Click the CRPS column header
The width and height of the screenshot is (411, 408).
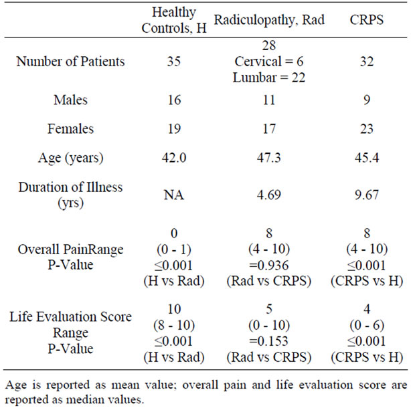[x=366, y=20]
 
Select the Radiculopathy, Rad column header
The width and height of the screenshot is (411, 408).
[x=269, y=20]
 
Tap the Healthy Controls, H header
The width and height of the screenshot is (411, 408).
[x=174, y=20]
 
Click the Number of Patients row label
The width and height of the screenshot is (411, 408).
[x=70, y=62]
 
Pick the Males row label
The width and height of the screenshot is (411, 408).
[x=70, y=100]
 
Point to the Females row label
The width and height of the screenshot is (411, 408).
[x=70, y=128]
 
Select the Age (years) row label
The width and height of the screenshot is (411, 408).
[x=70, y=158]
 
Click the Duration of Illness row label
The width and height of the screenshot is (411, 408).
[x=70, y=195]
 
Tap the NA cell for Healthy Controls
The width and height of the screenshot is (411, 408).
[x=174, y=195]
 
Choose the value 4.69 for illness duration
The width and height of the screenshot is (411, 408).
[x=269, y=195]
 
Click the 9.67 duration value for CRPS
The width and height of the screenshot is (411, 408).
[x=367, y=195]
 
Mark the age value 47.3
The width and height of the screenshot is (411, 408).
[x=269, y=158]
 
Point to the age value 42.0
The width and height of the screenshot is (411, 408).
[x=174, y=158]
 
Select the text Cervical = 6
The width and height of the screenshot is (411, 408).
[x=269, y=62]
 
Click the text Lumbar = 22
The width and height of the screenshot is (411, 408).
[x=269, y=78]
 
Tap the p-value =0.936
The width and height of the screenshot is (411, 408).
[x=269, y=266]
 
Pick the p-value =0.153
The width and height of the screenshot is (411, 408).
[x=269, y=341]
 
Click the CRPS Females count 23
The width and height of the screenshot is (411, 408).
[x=367, y=129]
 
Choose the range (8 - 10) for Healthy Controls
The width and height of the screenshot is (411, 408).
[x=174, y=326]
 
